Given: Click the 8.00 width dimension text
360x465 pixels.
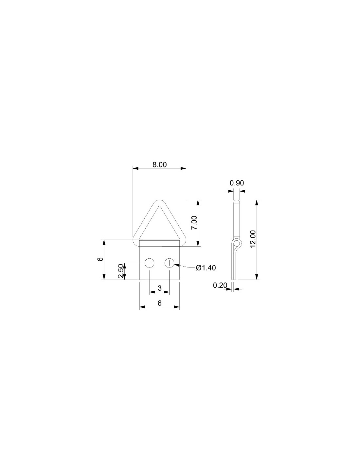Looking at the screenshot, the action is tap(159, 164).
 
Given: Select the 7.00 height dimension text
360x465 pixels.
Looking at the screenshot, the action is tap(194, 223).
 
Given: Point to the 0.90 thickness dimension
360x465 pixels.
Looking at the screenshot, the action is tap(237, 183).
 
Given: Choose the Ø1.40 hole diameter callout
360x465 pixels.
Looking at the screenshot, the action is tap(206, 268).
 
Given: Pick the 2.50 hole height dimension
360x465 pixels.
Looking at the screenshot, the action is tap(121, 271).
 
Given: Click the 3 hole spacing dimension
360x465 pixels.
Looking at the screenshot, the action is tap(160, 288).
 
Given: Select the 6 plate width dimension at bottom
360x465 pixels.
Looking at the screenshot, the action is tap(159, 303).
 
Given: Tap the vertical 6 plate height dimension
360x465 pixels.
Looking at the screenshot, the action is tap(100, 259).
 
